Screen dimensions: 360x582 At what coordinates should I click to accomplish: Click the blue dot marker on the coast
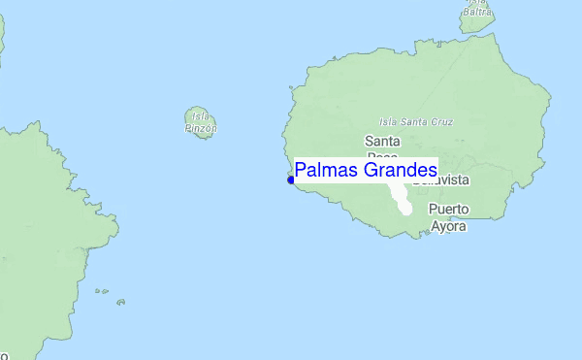(x=290, y=180)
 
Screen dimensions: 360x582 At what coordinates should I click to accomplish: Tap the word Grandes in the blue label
(x=399, y=171)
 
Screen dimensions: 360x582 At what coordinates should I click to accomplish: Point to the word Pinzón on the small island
(x=201, y=127)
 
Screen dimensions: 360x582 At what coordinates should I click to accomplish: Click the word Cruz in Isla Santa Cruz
(x=442, y=121)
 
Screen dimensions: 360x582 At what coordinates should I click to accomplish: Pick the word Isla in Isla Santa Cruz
(x=390, y=121)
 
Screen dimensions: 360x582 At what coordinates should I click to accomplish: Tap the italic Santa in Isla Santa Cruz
(x=416, y=121)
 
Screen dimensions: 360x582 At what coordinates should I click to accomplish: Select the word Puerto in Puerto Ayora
(x=448, y=209)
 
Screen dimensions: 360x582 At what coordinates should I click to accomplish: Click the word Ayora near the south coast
(x=448, y=226)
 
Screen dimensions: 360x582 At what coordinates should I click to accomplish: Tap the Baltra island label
(x=477, y=12)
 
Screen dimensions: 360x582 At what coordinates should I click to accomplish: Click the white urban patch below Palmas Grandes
(x=403, y=200)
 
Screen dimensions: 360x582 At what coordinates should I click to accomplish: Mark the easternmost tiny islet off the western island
(x=121, y=302)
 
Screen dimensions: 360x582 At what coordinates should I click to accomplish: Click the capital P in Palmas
(x=301, y=171)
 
